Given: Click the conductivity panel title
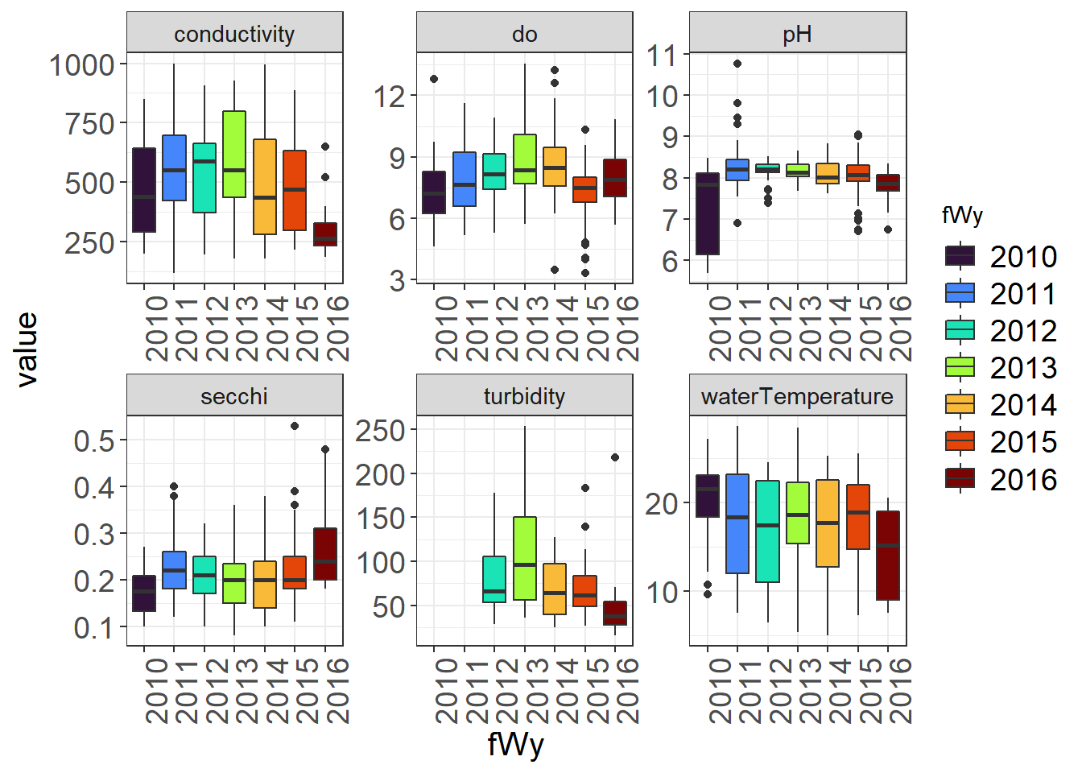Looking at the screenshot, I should tap(234, 34).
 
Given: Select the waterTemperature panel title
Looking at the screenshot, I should tap(797, 396).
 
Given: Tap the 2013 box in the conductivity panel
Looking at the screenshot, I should tap(234, 154).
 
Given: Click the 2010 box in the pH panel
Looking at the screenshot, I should tap(708, 213).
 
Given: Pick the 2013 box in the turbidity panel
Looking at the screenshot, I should tap(525, 558).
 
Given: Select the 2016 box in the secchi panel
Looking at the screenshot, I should tap(325, 554).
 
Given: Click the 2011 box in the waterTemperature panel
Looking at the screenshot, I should tap(737, 523).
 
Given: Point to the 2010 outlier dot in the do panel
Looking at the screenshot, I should tap(434, 79).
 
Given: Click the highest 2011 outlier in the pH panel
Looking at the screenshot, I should tap(737, 64).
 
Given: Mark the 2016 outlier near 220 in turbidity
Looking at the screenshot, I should tap(615, 457).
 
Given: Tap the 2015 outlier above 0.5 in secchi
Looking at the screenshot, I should tap(295, 426).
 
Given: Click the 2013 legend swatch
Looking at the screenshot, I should tap(960, 367).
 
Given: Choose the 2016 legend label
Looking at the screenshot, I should tap(1023, 480).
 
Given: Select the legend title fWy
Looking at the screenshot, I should tap(962, 215).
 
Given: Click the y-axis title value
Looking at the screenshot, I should tap(27, 350).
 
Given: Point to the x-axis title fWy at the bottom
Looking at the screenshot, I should tap(515, 744).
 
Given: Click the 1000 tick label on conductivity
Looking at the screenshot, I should tap(82, 65).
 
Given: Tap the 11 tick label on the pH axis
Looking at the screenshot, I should tap(663, 56).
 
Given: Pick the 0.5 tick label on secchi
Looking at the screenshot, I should tap(94, 441).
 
